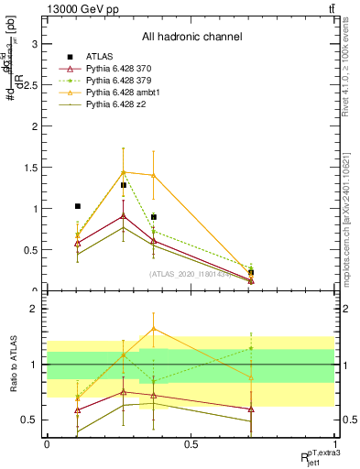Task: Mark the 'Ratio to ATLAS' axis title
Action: pyautogui.click(x=13, y=365)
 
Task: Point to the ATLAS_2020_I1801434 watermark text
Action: pyautogui.click(x=191, y=274)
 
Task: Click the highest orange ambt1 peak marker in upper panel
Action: pyautogui.click(x=123, y=172)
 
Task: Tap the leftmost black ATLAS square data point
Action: pyautogui.click(x=78, y=206)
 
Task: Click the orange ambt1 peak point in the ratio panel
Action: pyautogui.click(x=153, y=328)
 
